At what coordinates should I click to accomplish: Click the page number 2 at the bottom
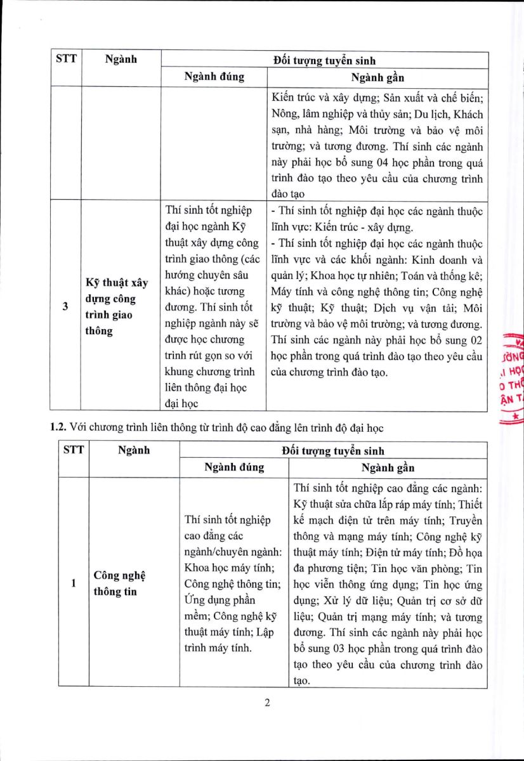point(267,703)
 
